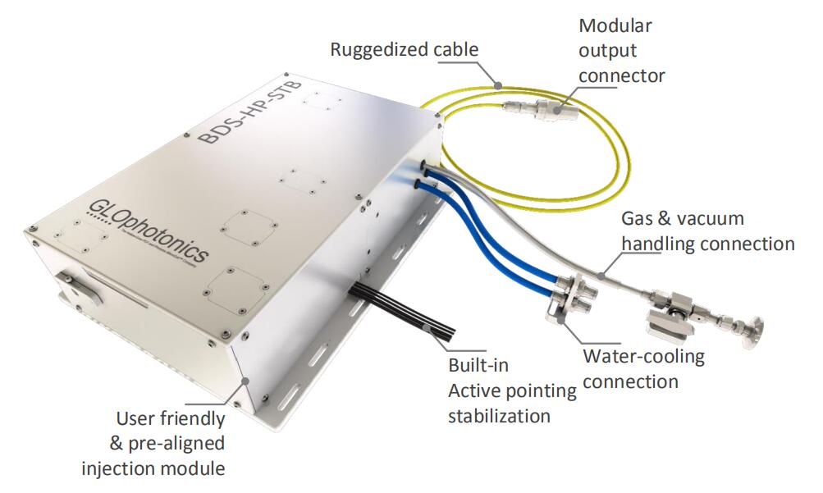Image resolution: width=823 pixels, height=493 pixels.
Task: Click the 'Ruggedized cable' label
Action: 404,49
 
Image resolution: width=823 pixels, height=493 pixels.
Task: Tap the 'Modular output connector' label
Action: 621,50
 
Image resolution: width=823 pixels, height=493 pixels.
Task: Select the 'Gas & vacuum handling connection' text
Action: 707,231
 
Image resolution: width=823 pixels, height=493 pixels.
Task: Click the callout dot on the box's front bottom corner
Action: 245,380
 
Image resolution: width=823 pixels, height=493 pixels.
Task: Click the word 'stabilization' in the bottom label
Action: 499,415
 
